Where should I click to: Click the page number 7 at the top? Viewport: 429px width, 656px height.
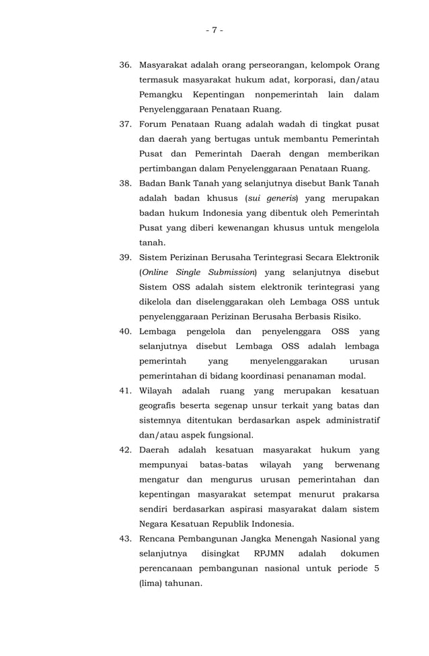click(214, 30)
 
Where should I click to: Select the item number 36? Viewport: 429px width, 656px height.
click(126, 65)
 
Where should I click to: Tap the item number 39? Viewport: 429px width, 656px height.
click(126, 258)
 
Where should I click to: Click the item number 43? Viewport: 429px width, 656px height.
click(126, 538)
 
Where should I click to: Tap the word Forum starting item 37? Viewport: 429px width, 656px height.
click(153, 124)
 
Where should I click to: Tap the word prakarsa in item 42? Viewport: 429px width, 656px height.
click(360, 494)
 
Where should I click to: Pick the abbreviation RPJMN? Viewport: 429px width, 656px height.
click(269, 553)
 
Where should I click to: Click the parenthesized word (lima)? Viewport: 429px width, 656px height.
click(150, 583)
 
